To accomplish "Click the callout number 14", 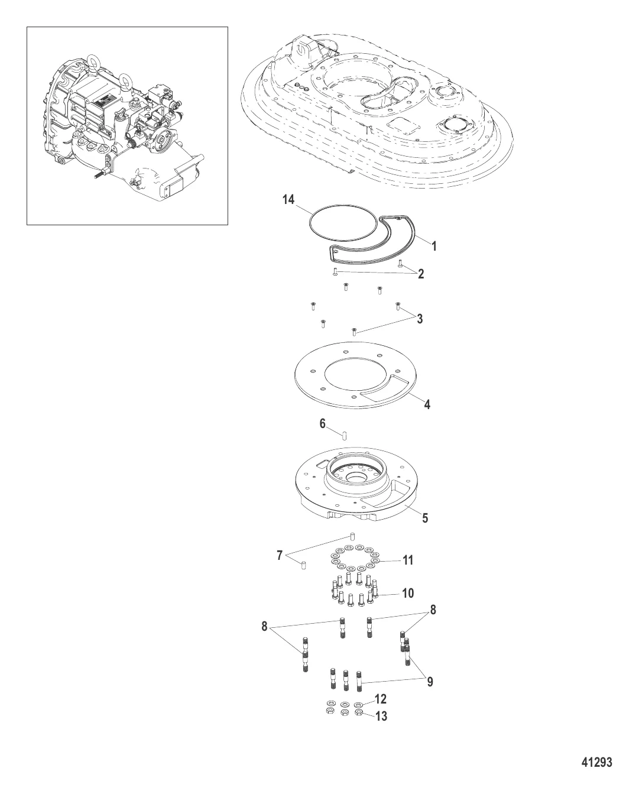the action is click(x=288, y=200).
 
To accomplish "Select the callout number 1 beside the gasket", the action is click(x=434, y=246).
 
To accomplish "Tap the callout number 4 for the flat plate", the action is click(x=427, y=405).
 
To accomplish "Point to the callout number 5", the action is click(x=425, y=518).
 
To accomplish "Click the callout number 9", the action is click(x=430, y=682).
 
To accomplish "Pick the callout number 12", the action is click(x=381, y=699).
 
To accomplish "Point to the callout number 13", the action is click(x=381, y=716).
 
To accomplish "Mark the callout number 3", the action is click(x=420, y=319).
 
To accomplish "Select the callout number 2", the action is click(x=421, y=274).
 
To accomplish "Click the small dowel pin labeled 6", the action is click(x=345, y=435).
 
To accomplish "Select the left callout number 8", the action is click(x=264, y=626).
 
